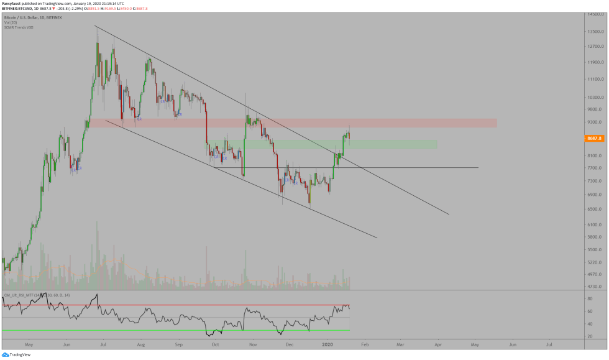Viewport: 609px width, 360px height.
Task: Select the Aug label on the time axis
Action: [x=140, y=343]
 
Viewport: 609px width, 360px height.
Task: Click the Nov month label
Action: [x=253, y=343]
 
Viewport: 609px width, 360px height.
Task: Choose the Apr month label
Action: [x=437, y=343]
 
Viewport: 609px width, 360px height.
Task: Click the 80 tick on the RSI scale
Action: [x=588, y=298]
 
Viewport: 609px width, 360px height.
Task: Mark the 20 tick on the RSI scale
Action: [x=588, y=336]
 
